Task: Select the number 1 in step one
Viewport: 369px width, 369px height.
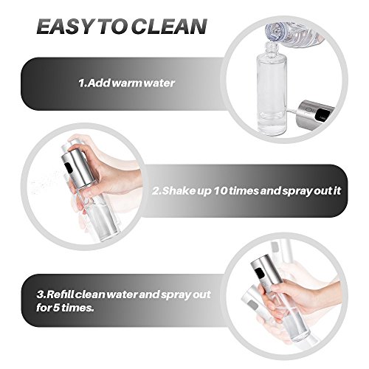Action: pyautogui.click(x=82, y=83)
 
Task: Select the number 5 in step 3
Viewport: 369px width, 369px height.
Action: pyautogui.click(x=56, y=308)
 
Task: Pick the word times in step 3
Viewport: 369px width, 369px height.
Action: pyautogui.click(x=77, y=308)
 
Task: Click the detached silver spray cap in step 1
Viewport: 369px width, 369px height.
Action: pyautogui.click(x=316, y=111)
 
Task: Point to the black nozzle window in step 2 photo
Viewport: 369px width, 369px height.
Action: pyautogui.click(x=69, y=168)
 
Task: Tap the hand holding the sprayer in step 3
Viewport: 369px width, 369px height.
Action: pyautogui.click(x=297, y=297)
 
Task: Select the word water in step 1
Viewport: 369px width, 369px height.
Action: pyautogui.click(x=159, y=83)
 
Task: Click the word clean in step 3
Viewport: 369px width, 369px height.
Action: pyautogui.click(x=90, y=294)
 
